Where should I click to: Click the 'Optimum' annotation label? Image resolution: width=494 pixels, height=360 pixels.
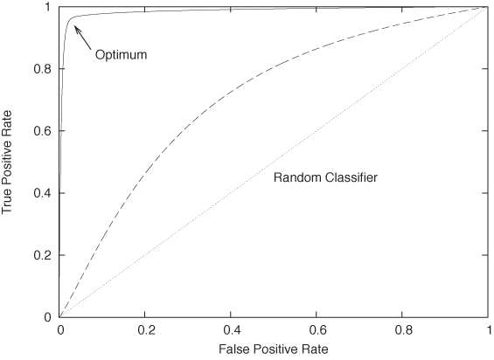[x=120, y=55]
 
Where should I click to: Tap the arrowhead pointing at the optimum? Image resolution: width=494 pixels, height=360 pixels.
[x=76, y=28]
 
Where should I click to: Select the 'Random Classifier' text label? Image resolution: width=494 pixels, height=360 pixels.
[x=325, y=177]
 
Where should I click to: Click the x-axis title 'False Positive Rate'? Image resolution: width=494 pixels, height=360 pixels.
[x=273, y=350]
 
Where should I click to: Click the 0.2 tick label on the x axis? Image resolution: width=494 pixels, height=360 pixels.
[x=145, y=331]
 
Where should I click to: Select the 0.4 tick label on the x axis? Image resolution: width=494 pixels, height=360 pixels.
[x=231, y=331]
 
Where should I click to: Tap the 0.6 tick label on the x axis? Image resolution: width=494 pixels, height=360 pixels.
[x=317, y=331]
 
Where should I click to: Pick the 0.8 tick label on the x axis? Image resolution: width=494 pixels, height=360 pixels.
[x=402, y=331]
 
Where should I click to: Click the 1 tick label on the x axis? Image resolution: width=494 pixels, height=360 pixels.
[x=487, y=331]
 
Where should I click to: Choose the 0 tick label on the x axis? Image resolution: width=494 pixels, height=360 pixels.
[x=59, y=331]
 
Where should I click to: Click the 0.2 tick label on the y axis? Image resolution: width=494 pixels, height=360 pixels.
[x=41, y=254]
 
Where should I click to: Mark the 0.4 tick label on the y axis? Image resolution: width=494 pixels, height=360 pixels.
[x=41, y=192]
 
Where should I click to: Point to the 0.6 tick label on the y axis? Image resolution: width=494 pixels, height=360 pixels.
[x=41, y=130]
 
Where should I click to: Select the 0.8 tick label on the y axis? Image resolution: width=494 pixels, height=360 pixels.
[x=41, y=69]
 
